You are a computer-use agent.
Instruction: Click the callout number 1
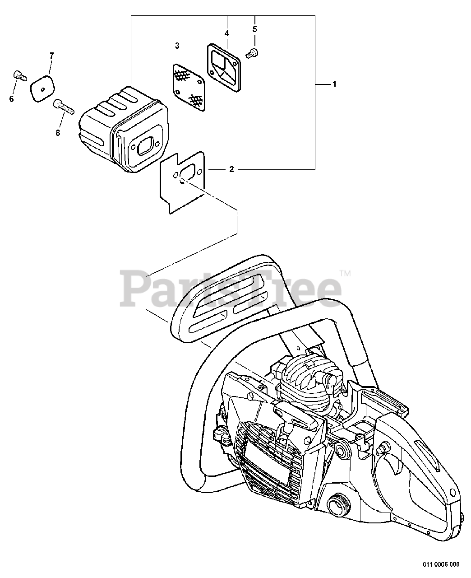click(x=334, y=84)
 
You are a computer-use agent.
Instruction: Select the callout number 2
click(x=231, y=169)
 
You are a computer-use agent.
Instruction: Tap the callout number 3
click(x=177, y=46)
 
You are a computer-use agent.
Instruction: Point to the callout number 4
click(x=226, y=33)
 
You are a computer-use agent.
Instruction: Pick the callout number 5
click(x=255, y=29)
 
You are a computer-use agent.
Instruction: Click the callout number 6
click(x=11, y=99)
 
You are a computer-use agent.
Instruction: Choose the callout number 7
click(x=51, y=56)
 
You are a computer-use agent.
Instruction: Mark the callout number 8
click(x=58, y=133)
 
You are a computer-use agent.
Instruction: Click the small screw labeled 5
click(x=251, y=53)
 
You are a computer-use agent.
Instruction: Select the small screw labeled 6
click(x=18, y=75)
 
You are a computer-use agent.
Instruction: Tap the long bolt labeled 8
click(x=63, y=107)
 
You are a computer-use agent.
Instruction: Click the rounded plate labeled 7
click(x=42, y=87)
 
